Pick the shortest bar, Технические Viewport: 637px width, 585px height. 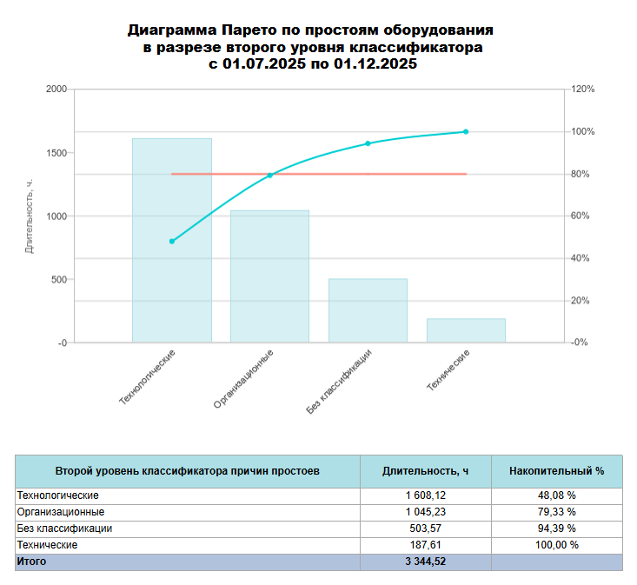tap(466, 330)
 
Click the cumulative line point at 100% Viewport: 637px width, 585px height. tap(466, 131)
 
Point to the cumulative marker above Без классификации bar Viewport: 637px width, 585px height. tap(368, 143)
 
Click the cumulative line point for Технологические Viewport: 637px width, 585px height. tap(172, 241)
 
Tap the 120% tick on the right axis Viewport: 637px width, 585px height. tap(581, 90)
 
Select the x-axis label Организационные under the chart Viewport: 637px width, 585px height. tap(244, 379)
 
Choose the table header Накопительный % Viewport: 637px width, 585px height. tap(556, 470)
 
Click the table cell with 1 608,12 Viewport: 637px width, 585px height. tap(425, 495)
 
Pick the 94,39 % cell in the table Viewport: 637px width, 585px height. tap(556, 528)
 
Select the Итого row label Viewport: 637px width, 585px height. tap(32, 562)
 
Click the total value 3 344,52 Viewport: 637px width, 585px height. tap(425, 562)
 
